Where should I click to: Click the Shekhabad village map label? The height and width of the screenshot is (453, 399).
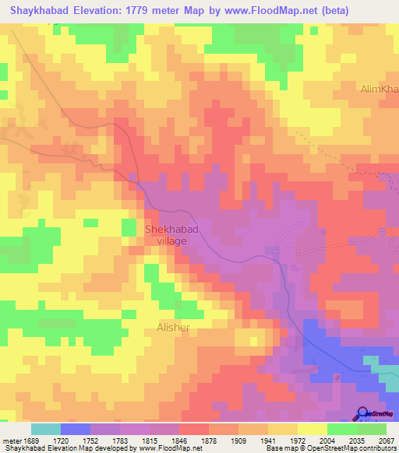tap(165, 235)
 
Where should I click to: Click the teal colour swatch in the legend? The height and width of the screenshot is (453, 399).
tap(46, 429)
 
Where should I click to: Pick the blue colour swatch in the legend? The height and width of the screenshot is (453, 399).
tap(76, 429)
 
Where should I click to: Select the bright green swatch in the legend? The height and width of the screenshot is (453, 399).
tap(342, 429)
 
